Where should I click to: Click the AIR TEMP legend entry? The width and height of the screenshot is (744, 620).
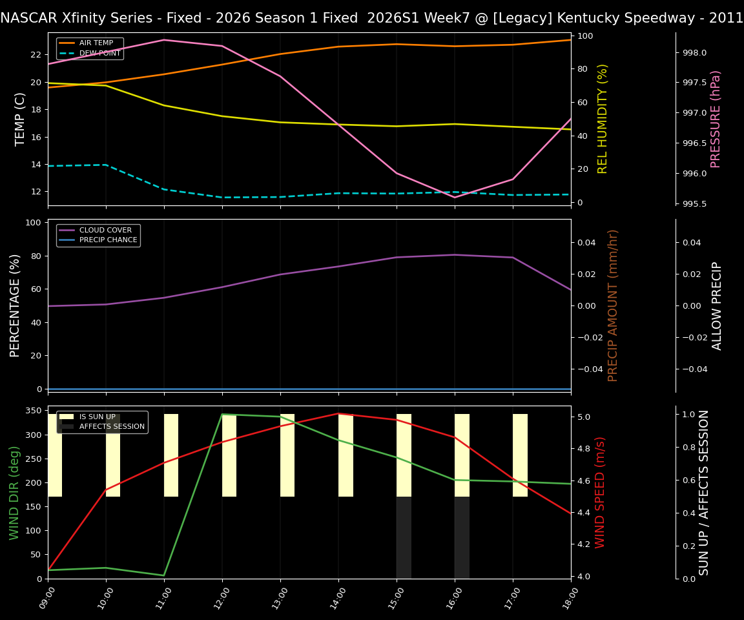click(96, 43)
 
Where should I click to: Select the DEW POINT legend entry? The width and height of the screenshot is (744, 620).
click(99, 54)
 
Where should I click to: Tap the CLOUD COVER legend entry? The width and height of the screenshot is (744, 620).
click(105, 230)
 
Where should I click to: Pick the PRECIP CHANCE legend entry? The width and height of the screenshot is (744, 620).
click(108, 240)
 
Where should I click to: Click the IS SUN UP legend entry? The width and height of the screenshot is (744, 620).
click(97, 417)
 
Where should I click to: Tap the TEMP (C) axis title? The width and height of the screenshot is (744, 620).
click(21, 119)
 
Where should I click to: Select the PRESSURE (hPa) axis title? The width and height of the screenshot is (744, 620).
click(716, 119)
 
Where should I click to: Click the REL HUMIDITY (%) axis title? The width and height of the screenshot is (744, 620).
click(603, 119)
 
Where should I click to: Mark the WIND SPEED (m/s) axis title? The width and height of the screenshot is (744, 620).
click(601, 492)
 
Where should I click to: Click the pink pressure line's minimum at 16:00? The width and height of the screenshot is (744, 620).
click(455, 197)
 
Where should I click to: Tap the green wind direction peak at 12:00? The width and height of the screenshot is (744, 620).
click(222, 415)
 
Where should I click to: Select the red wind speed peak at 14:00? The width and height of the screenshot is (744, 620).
click(338, 413)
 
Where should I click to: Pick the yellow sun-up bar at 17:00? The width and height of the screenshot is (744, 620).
click(520, 455)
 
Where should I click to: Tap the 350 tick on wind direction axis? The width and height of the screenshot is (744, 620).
click(36, 411)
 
